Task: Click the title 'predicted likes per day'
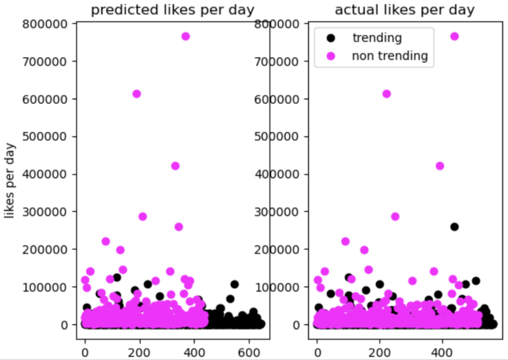click(x=173, y=10)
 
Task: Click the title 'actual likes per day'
click(x=405, y=10)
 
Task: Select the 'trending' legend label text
click(x=377, y=38)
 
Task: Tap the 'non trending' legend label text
click(x=390, y=56)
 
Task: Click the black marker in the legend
click(x=331, y=38)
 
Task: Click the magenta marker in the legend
click(x=331, y=56)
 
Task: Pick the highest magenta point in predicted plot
click(x=185, y=36)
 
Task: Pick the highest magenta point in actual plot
click(x=454, y=36)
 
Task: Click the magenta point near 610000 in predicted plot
click(x=136, y=94)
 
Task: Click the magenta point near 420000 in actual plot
click(x=440, y=166)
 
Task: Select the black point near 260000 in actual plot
click(x=454, y=227)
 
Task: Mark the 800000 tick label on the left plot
click(x=49, y=24)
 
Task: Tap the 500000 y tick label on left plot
click(x=49, y=137)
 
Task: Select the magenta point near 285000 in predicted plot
click(x=142, y=216)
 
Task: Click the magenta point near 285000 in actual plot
click(x=395, y=216)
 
